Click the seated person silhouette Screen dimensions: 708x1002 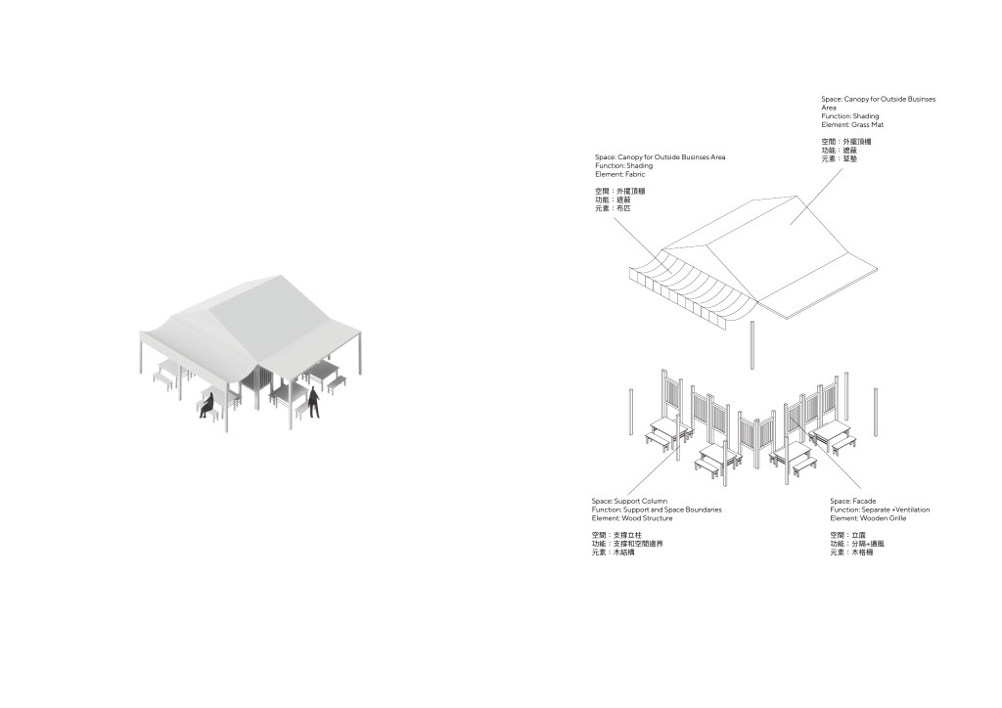tap(206, 406)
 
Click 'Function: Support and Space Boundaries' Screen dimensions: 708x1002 tap(657, 509)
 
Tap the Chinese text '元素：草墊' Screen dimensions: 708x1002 tap(840, 158)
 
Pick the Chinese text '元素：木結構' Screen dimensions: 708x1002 tap(614, 553)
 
